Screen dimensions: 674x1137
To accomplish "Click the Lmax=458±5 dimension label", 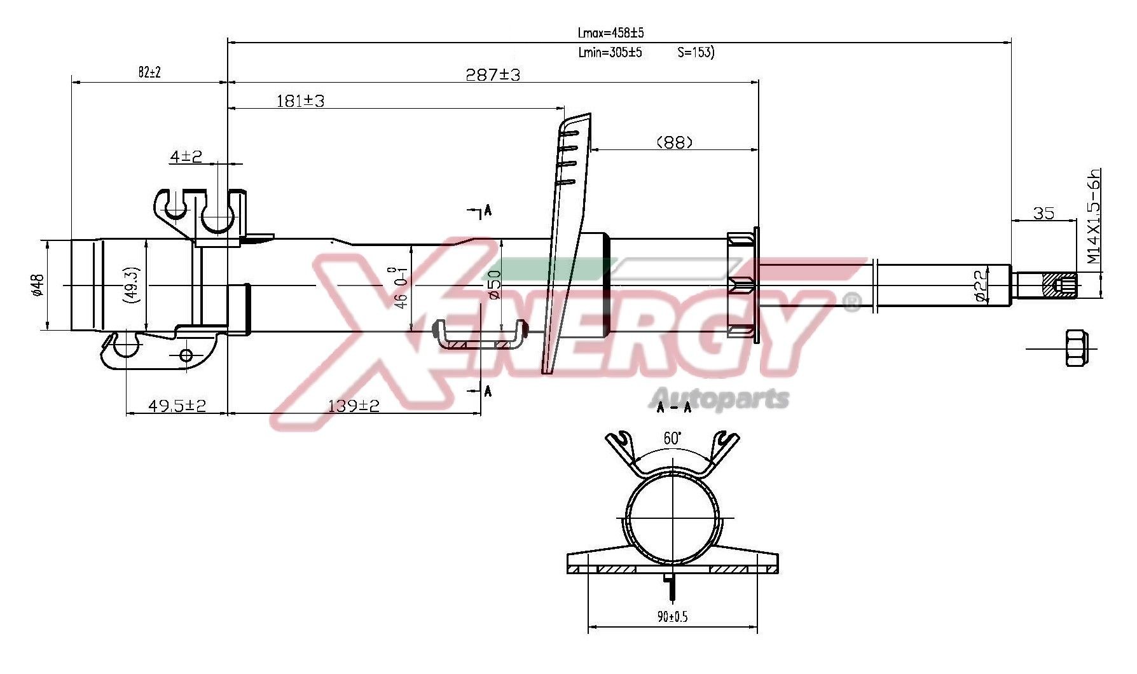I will click(x=610, y=32).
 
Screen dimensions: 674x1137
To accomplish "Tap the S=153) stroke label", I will click(x=696, y=52).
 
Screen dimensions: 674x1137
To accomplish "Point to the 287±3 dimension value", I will click(x=493, y=75).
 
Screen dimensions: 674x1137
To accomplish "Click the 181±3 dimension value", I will click(x=300, y=100).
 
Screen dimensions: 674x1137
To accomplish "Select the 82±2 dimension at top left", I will click(x=149, y=72).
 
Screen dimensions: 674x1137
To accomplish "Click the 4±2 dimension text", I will click(x=186, y=156).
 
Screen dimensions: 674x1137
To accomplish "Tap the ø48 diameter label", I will click(x=37, y=285).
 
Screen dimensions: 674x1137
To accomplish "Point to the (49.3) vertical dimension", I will click(x=134, y=285).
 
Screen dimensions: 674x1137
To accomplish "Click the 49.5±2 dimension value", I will click(x=177, y=405).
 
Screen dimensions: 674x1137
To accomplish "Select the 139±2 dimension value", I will click(x=353, y=405).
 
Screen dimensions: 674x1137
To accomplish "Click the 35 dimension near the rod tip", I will click(x=1043, y=213).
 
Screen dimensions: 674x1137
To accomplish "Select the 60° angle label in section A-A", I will click(x=672, y=438).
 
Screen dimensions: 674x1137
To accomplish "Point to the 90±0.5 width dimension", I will click(x=672, y=616).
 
